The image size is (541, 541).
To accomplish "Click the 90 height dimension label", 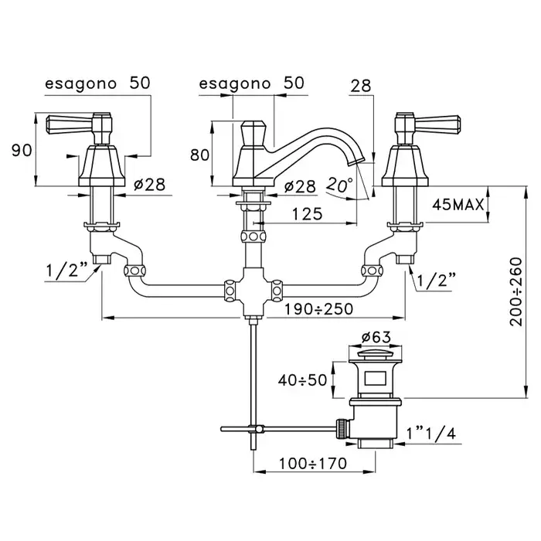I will point(20,150).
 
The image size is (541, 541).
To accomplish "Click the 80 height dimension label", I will point(199,155).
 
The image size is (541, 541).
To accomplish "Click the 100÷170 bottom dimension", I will point(312,464).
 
